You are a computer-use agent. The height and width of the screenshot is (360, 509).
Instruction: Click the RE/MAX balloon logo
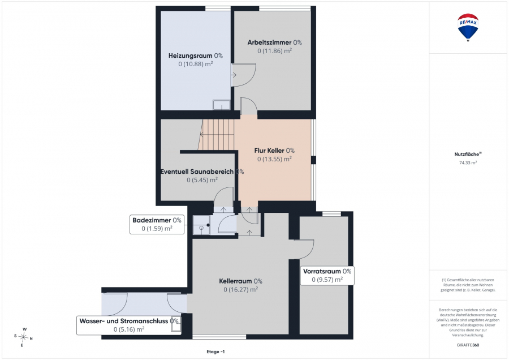click(x=468, y=28)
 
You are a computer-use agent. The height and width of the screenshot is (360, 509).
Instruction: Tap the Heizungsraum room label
click(x=196, y=55)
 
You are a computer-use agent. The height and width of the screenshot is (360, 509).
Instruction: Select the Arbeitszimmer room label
click(x=275, y=42)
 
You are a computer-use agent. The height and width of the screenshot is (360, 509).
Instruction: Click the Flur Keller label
click(x=274, y=151)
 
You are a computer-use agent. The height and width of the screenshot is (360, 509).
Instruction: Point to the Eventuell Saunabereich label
click(x=202, y=172)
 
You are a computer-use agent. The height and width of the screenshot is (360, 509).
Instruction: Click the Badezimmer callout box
click(x=157, y=224)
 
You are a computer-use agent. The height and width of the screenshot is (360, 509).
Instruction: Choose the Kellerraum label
click(x=240, y=281)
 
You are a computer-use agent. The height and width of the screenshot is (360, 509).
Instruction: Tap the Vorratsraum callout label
click(x=327, y=275)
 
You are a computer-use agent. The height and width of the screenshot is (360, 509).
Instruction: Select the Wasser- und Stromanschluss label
click(x=129, y=325)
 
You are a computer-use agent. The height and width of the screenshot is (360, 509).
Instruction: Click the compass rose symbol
click(x=23, y=337)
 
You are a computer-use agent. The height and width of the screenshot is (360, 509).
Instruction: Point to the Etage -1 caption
click(x=215, y=352)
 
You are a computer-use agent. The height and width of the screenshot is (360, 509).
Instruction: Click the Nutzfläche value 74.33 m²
click(x=468, y=163)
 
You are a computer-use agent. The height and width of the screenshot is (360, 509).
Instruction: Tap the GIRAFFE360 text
click(x=468, y=345)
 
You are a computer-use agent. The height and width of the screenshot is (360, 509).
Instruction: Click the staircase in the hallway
click(x=216, y=135)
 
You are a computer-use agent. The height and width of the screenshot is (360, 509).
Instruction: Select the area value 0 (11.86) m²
click(x=275, y=51)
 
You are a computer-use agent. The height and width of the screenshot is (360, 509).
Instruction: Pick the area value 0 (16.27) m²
click(x=240, y=289)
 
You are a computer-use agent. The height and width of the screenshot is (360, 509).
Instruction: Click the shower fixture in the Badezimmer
click(x=201, y=225)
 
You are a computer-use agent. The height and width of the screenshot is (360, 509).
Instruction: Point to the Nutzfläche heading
click(x=468, y=155)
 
